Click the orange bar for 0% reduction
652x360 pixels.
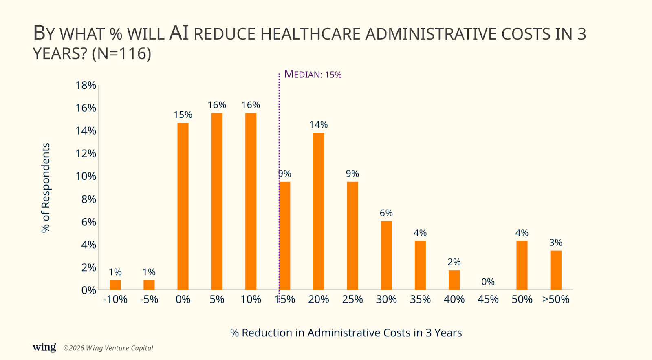click(x=183, y=206)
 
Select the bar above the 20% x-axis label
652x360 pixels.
click(x=319, y=211)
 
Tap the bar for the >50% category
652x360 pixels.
click(x=556, y=270)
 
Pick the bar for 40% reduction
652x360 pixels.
click(x=454, y=280)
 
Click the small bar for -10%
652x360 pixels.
click(x=115, y=285)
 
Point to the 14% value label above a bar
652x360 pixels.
click(x=318, y=125)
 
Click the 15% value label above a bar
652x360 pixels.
click(x=183, y=115)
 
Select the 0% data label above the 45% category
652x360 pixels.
click(x=488, y=282)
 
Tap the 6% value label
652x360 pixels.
click(x=386, y=213)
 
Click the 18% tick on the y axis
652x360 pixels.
click(x=86, y=85)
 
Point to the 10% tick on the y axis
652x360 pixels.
click(x=86, y=176)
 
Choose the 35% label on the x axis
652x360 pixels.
click(x=420, y=299)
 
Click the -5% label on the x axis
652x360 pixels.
click(x=149, y=299)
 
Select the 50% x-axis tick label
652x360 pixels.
click(x=522, y=299)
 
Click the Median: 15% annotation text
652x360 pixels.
click(x=313, y=75)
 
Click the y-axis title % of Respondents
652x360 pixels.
click(x=46, y=188)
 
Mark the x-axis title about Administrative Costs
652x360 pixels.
click(x=346, y=333)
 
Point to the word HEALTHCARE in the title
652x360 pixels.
click(x=311, y=34)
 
